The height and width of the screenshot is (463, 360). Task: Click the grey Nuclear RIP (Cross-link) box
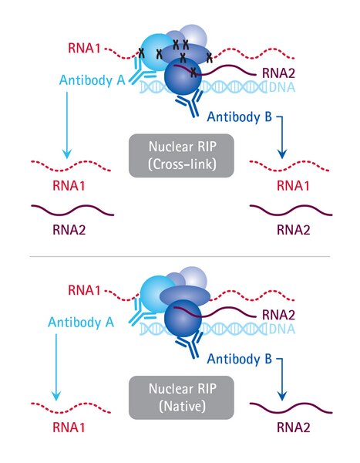click(x=181, y=156)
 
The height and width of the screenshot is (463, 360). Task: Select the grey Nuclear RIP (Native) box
click(x=181, y=397)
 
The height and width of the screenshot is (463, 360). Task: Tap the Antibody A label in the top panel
click(x=92, y=80)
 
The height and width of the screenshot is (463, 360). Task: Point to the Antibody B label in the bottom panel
click(x=239, y=359)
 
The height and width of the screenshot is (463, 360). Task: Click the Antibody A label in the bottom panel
click(x=81, y=323)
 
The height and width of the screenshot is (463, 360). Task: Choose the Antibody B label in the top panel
click(x=239, y=117)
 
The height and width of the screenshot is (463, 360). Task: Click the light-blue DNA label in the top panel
click(x=282, y=87)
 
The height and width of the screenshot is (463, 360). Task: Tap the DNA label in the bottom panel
click(x=282, y=329)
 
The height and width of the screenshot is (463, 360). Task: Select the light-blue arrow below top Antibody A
click(x=67, y=125)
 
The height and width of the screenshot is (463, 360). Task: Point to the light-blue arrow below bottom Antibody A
click(x=56, y=367)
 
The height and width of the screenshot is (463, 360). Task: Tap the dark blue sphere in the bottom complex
click(x=183, y=318)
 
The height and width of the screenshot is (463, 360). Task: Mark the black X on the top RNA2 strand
click(x=193, y=73)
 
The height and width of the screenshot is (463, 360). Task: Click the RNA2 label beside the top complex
click(x=278, y=73)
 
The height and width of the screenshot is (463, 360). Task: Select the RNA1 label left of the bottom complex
click(x=84, y=290)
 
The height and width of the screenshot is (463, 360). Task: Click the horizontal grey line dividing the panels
click(x=180, y=257)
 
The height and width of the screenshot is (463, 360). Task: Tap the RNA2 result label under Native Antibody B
click(x=293, y=428)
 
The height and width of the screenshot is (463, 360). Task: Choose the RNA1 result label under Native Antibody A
click(x=69, y=428)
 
